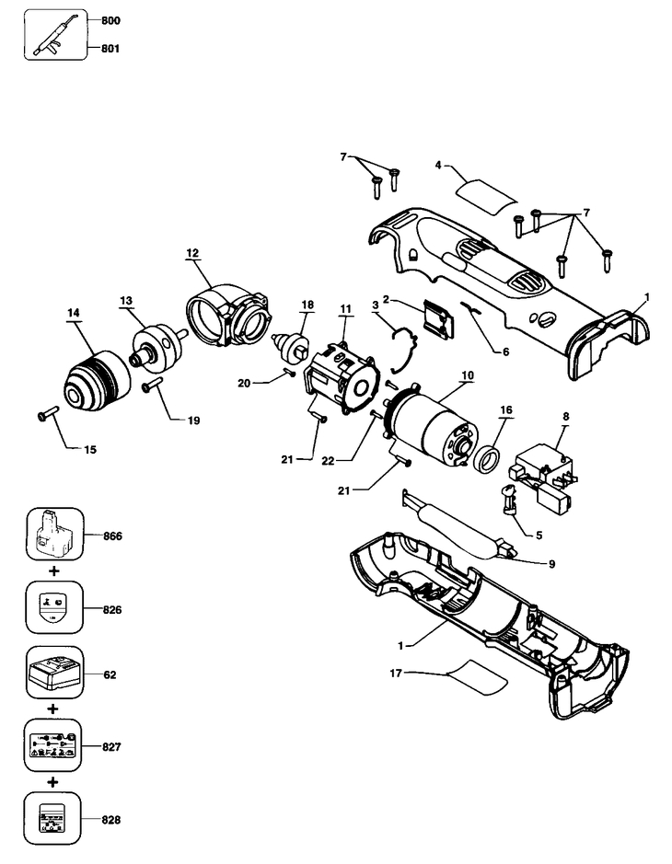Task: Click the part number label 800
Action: tap(110, 21)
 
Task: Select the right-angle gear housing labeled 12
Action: tap(228, 316)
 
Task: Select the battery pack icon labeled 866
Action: tap(55, 535)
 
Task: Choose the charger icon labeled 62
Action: tap(54, 673)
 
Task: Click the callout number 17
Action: tap(396, 673)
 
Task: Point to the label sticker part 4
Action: tap(486, 194)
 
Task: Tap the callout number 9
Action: tap(551, 564)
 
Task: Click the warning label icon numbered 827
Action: tap(52, 745)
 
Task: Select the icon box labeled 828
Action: tap(52, 818)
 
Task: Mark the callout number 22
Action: tap(328, 461)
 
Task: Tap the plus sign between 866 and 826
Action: tap(53, 570)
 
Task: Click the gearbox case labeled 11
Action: tap(342, 372)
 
